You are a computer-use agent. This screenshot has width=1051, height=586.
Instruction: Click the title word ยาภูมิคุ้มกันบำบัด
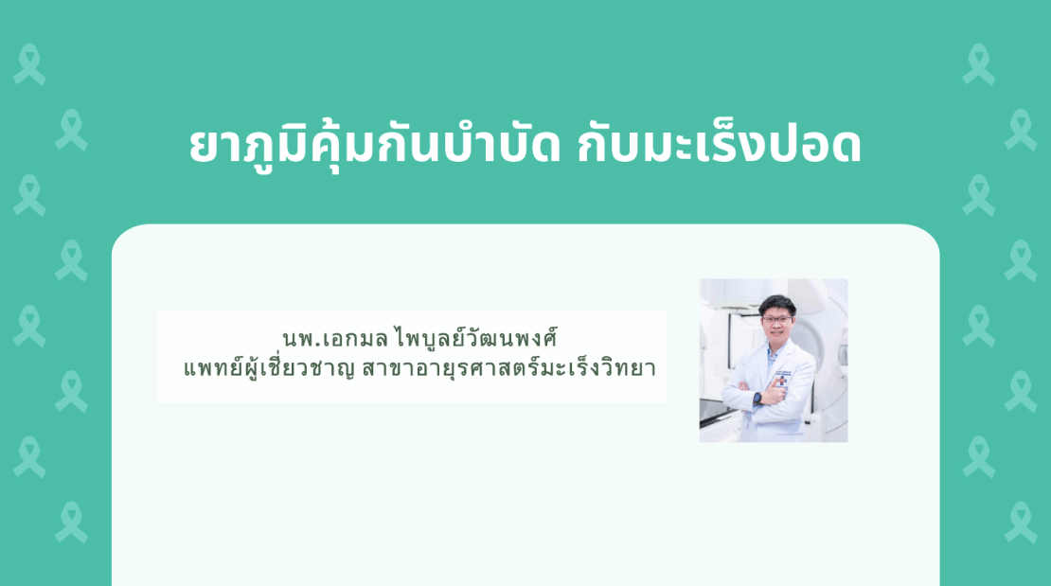375,146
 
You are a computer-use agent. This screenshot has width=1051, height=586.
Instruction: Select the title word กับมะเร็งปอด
720,144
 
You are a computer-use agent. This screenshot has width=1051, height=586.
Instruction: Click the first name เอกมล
354,339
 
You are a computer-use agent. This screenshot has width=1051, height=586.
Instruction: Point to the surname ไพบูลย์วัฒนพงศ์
476,337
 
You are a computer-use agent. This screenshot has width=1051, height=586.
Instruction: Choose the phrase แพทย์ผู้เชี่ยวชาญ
268,367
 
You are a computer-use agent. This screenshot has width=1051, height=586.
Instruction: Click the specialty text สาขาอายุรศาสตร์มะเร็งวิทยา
508,367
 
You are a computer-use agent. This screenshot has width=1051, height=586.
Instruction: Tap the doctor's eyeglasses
776,321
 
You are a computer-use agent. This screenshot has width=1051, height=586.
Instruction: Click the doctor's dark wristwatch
757,397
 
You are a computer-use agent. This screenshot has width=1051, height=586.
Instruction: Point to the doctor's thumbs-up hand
775,392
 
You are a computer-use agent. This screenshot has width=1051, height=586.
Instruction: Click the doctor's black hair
777,305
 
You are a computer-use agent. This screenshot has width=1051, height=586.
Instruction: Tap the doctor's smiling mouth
777,334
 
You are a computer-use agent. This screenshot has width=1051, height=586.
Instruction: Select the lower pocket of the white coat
791,427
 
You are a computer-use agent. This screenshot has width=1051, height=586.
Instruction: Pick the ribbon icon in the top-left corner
29,64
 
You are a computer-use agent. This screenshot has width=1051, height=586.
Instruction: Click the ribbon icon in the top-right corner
979,64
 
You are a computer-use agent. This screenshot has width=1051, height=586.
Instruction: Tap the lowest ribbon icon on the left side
71,523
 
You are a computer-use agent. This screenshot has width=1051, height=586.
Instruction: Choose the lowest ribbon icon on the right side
1020,523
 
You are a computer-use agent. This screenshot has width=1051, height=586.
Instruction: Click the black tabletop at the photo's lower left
716,413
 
